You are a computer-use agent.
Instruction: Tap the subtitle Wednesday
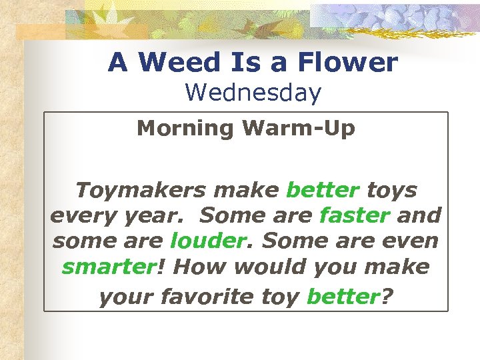tap(253, 92)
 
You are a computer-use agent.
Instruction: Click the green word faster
tap(355, 216)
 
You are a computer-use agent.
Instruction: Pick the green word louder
tap(203, 241)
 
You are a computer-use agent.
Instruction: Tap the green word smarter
tap(108, 267)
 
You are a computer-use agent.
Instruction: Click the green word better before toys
tap(322, 191)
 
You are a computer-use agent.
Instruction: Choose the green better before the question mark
tap(343, 296)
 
